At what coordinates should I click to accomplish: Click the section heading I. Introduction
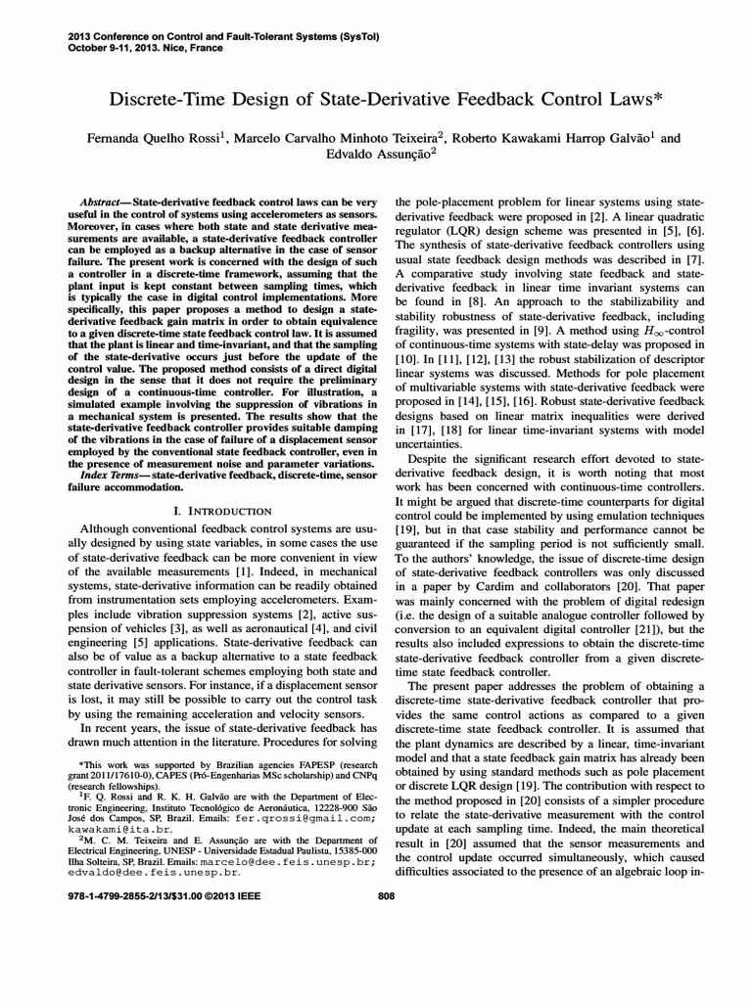(x=222, y=511)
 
